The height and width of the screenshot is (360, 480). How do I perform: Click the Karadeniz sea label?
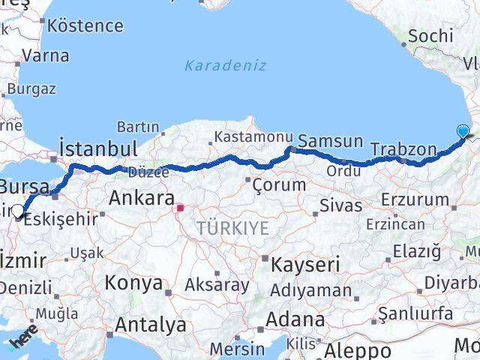(225, 65)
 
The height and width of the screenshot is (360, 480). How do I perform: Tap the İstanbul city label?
(97, 146)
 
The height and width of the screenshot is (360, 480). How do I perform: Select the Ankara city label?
(142, 198)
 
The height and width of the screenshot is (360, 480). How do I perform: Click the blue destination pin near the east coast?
(463, 132)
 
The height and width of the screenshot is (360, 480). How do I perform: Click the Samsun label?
(330, 141)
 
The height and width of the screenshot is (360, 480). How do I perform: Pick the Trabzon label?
(403, 148)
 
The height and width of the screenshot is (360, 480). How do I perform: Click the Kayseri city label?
(304, 264)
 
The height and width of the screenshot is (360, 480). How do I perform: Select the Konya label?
(133, 283)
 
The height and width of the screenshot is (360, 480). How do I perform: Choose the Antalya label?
(151, 325)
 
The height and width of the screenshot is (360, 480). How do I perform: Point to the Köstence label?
(85, 25)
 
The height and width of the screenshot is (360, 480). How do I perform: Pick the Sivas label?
(340, 205)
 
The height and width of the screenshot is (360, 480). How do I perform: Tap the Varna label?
(45, 55)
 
